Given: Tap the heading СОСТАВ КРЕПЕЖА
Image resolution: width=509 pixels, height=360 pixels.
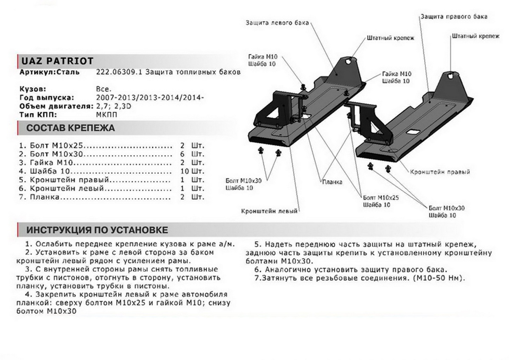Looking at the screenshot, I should pos(70,128).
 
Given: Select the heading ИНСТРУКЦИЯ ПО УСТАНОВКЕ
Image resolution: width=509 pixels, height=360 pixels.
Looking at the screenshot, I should pos(97,230).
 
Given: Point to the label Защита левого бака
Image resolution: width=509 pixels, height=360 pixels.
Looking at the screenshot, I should pos(277,22).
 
